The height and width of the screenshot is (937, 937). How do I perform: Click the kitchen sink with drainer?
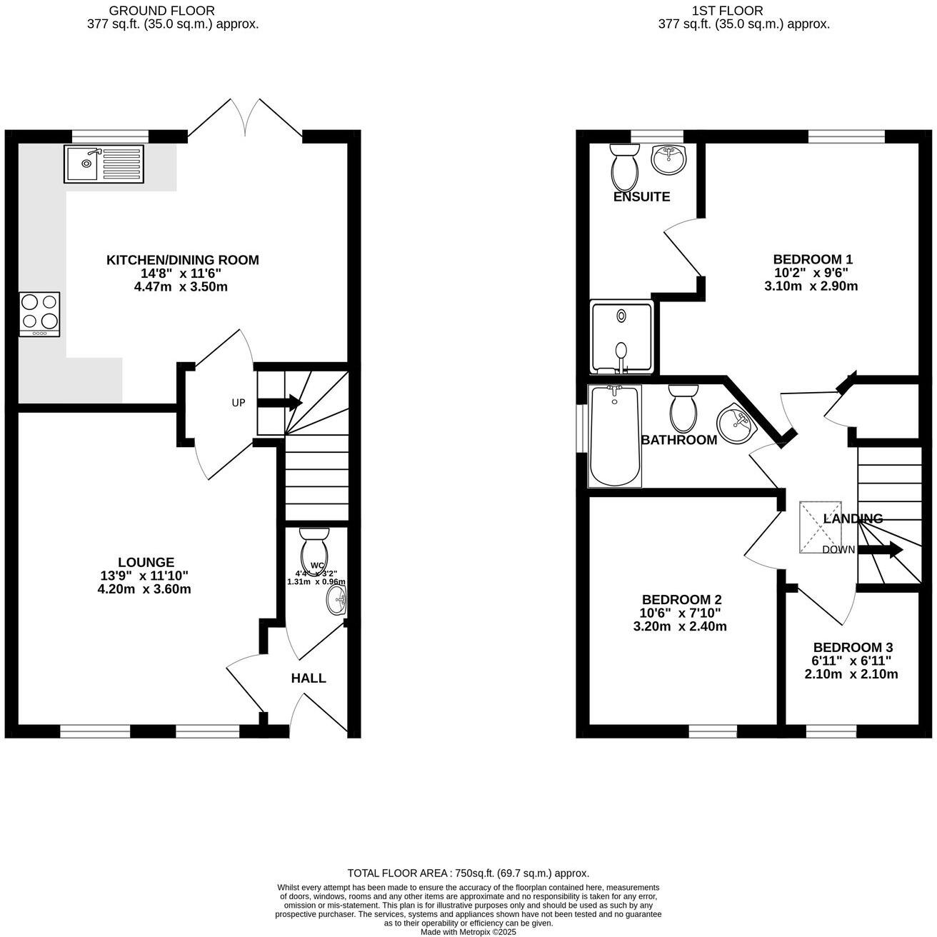tap(104, 164)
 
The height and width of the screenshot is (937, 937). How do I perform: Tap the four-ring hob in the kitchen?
tap(39, 314)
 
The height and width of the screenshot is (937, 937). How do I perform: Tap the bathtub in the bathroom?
tap(614, 436)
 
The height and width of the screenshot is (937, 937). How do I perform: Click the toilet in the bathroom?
tap(683, 407)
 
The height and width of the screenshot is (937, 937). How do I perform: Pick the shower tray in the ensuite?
tap(621, 337)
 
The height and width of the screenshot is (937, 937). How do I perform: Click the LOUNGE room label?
tap(146, 562)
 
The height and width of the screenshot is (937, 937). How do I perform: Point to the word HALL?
tap(309, 678)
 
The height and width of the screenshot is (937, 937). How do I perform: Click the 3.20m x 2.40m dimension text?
tap(680, 626)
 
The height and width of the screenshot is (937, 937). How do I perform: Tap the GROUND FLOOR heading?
tap(161, 11)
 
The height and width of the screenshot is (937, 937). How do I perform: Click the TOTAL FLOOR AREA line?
tap(468, 873)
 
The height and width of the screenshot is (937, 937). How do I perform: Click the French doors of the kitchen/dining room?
tap(246, 116)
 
